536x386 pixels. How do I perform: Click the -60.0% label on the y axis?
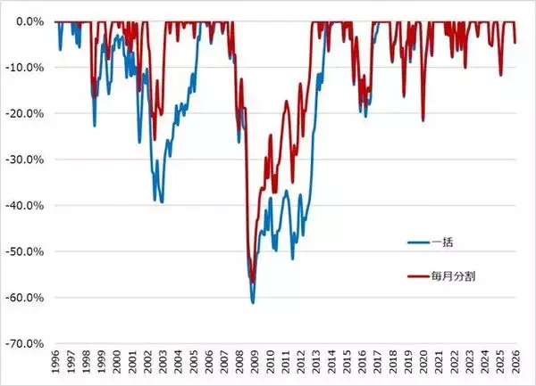pos(28,297)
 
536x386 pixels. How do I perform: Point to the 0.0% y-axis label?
pos(30,21)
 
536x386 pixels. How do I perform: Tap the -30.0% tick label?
pos(28,159)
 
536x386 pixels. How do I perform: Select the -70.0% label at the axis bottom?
pos(28,343)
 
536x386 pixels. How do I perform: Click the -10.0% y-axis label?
pos(28,67)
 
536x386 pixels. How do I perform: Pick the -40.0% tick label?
pos(28,205)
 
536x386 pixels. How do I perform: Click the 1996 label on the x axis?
pos(56,365)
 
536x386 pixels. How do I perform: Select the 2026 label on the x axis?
pos(515,365)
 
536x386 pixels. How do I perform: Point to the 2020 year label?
pos(423,365)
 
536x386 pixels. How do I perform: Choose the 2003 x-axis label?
pos(163,365)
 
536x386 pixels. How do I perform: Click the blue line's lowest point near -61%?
pos(253,303)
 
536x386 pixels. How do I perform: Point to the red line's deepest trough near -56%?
pos(253,281)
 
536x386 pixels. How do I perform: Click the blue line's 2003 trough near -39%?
pos(162,202)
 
